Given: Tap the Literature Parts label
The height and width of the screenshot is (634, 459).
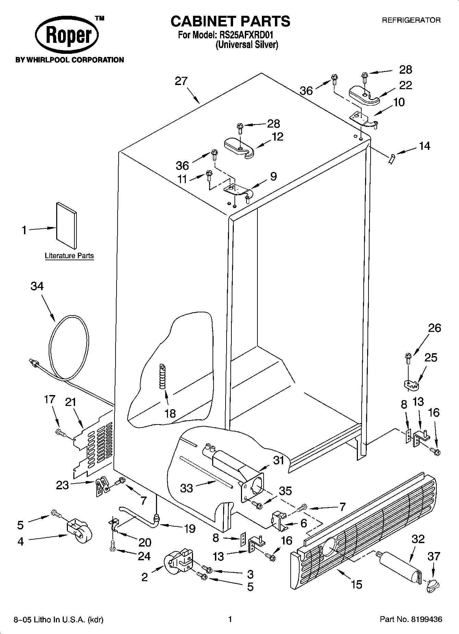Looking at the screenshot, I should [69, 255].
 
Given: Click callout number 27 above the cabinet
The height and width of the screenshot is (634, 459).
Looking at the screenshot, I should [181, 81].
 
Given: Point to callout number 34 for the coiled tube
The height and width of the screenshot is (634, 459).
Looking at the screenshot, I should [37, 286].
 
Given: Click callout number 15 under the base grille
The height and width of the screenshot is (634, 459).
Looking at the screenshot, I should [357, 584].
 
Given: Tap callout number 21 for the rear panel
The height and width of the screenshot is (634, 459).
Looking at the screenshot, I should [71, 402].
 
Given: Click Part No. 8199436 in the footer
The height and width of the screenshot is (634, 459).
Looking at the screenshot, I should [411, 619].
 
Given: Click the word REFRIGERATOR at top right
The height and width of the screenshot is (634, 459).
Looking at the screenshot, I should [411, 20].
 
